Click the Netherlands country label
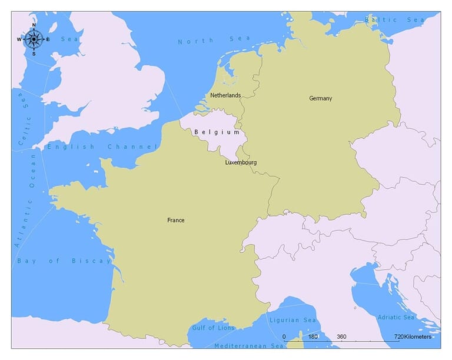[225, 95]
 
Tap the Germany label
[321, 98]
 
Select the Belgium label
[217, 132]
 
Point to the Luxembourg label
[241, 162]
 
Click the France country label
[175, 221]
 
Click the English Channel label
[103, 146]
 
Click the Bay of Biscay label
[64, 261]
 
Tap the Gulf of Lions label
[213, 328]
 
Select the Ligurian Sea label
[293, 321]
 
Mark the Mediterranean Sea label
[248, 346]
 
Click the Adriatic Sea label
[395, 317]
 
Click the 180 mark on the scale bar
[313, 337]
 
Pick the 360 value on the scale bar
[341, 337]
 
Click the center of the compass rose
[34, 39]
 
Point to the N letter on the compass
[34, 25]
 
